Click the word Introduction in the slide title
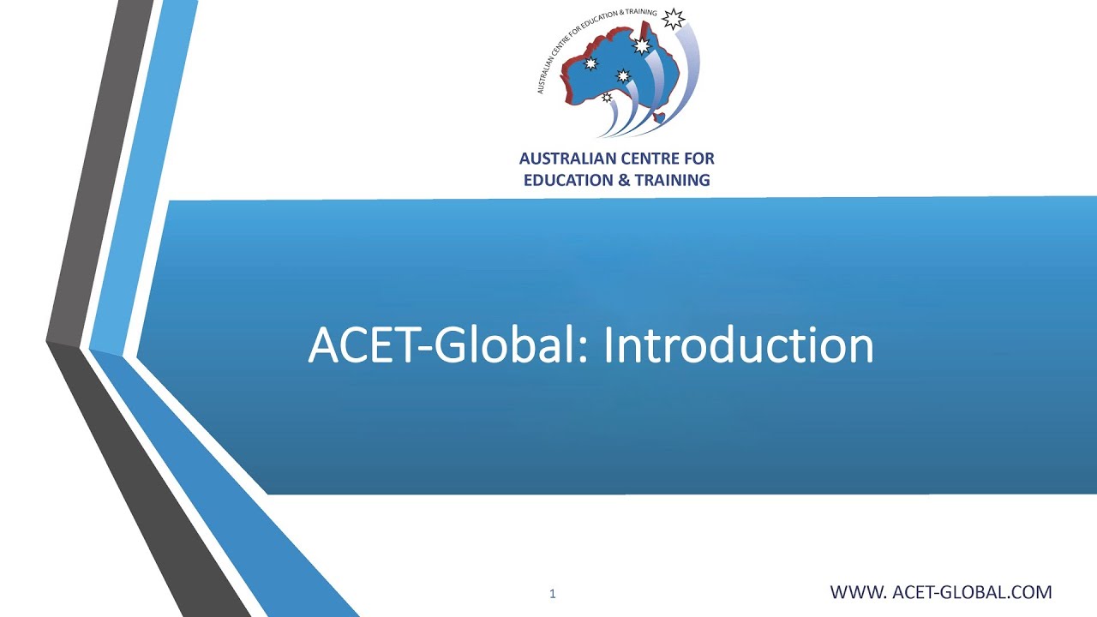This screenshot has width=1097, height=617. [738, 345]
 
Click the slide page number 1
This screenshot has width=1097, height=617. [553, 593]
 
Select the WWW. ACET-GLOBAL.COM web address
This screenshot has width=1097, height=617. [940, 591]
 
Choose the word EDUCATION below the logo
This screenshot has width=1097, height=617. [566, 180]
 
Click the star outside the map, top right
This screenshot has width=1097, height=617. [674, 18]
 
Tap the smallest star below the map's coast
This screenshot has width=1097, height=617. [608, 98]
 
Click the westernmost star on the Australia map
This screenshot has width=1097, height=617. [590, 63]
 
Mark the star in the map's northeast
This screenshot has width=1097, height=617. [641, 45]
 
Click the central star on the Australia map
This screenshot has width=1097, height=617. [623, 75]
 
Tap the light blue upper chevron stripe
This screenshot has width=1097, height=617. [146, 171]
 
